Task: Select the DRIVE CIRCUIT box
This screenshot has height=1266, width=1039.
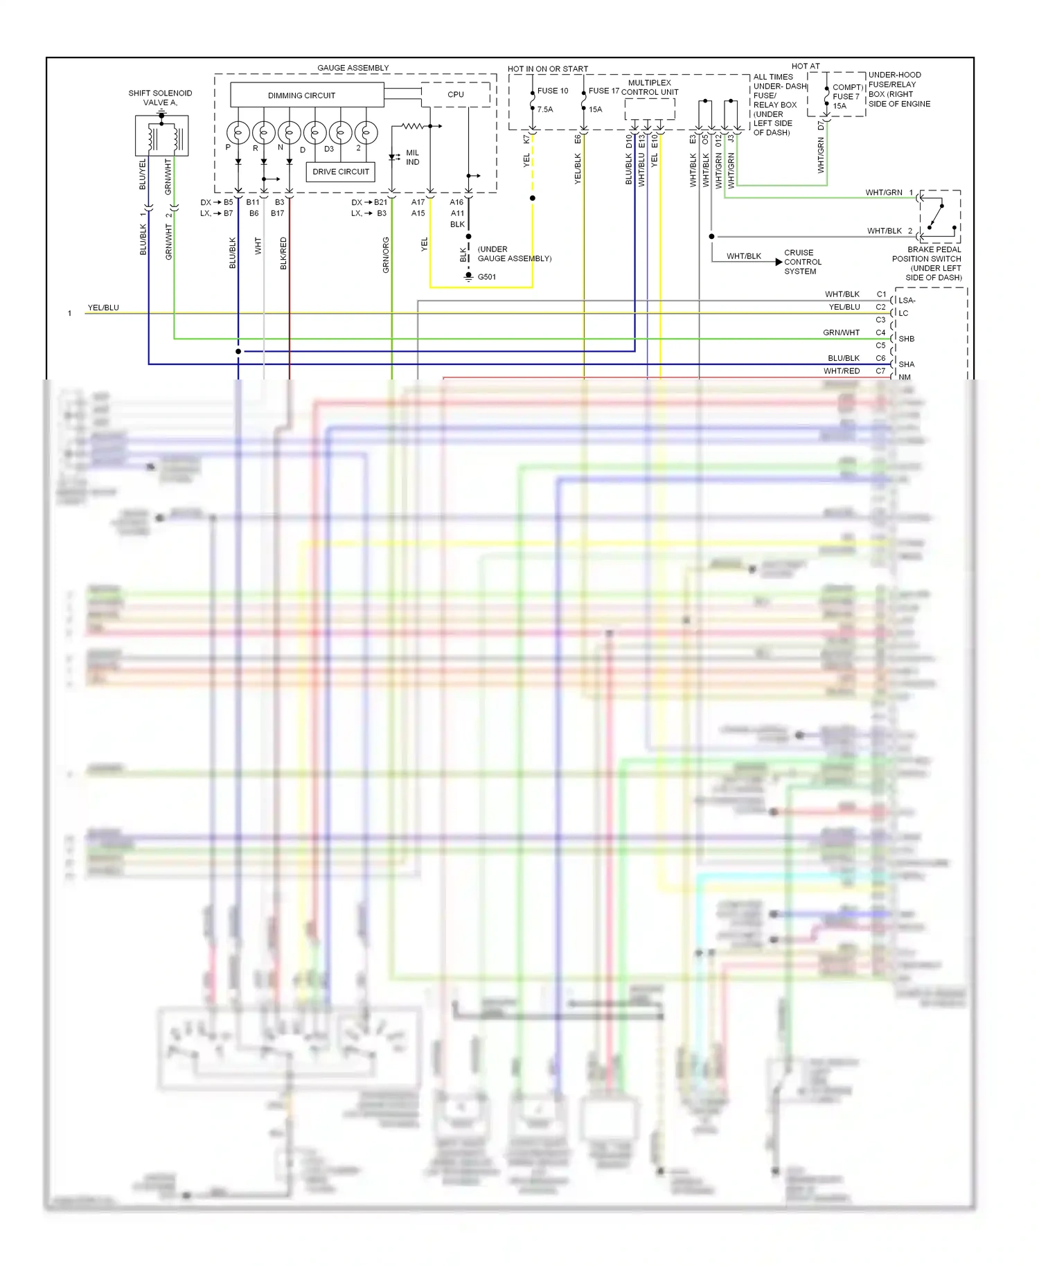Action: coord(340,172)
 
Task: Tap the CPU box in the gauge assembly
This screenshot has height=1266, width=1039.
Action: coord(456,95)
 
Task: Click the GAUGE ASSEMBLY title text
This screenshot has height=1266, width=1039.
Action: coord(353,68)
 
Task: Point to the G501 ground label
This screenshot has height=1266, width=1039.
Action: coord(486,277)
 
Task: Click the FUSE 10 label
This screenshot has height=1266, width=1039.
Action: coord(553,91)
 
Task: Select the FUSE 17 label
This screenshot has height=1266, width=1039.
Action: coord(604,91)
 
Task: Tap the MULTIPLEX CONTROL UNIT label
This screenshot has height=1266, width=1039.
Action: coord(650,87)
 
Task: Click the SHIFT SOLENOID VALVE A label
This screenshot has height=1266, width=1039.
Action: coord(160,98)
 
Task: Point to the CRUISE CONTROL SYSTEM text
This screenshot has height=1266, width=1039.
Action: coord(803,262)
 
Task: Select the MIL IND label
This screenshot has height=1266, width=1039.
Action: coord(412,157)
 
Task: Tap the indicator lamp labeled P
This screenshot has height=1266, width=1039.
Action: coord(238,132)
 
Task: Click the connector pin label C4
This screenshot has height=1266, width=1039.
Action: coord(880,332)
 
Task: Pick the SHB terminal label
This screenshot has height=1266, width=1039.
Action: coord(906,339)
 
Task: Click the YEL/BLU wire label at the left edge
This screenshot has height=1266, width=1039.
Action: coord(103,307)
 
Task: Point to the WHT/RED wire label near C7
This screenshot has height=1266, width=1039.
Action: coord(842,371)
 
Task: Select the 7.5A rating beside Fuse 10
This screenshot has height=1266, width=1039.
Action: coord(545,109)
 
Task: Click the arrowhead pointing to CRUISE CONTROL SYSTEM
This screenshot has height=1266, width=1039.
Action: coord(779,262)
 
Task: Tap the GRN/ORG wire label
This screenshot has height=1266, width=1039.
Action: coord(386,255)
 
